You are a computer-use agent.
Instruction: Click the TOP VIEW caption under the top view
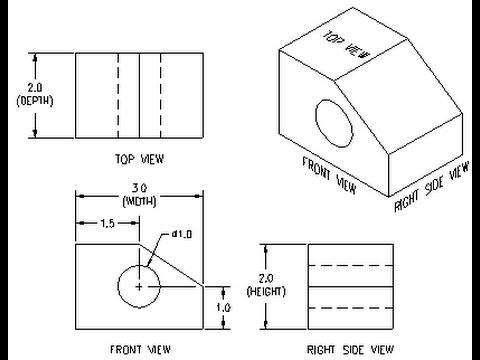140,158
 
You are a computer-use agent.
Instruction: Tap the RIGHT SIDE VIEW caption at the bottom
346,349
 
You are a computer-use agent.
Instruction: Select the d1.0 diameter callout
180,233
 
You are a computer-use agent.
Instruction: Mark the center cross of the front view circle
138,287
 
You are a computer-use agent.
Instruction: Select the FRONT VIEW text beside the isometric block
330,171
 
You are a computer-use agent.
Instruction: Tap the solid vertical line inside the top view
139,94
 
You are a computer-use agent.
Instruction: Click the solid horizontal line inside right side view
347,285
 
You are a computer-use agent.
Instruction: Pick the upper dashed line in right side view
347,265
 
